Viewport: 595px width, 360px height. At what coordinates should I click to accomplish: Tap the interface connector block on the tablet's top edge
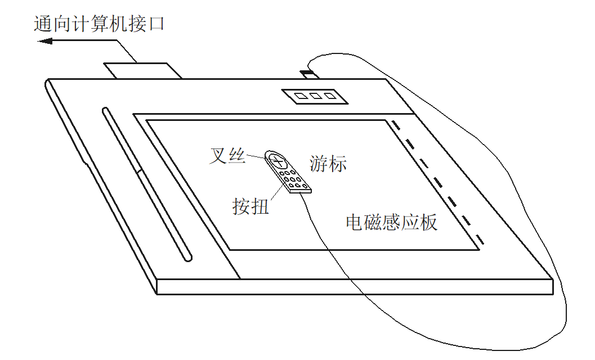(142, 71)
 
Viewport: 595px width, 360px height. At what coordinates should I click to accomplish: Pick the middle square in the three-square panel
(315, 96)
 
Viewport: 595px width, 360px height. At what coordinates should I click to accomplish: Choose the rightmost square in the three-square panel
(330, 96)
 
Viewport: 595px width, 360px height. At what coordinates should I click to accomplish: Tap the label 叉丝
(227, 155)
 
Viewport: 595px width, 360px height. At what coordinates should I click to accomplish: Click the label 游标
(328, 163)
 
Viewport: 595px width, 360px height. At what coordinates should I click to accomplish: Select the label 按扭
(250, 206)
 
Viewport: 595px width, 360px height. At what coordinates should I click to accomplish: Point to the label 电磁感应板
(391, 223)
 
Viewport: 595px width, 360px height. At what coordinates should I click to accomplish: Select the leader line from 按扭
(275, 192)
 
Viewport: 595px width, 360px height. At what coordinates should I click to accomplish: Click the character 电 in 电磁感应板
(355, 223)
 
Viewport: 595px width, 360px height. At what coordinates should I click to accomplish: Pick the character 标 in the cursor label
(337, 163)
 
